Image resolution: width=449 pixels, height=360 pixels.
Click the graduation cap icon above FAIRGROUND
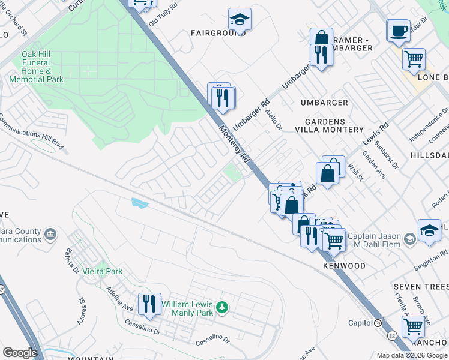[240, 19]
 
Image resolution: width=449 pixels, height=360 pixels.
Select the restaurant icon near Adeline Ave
[149, 304]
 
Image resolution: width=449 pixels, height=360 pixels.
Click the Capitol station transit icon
[378, 323]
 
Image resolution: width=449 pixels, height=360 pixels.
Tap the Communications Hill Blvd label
[31, 128]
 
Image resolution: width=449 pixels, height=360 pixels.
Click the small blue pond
[139, 203]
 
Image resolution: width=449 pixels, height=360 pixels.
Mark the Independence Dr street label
[428, 125]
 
